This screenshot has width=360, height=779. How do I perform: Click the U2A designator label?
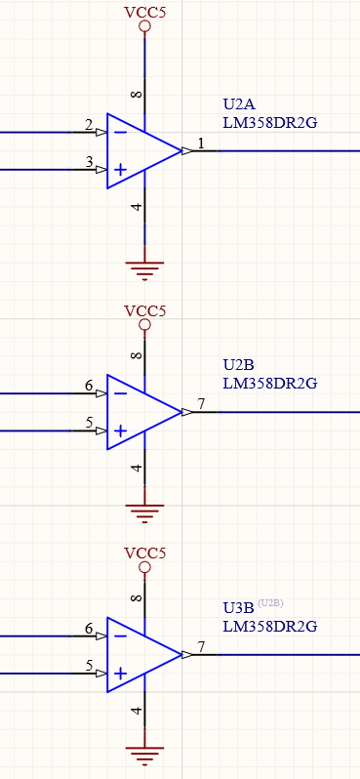tap(239, 104)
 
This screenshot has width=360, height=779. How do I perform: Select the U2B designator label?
tap(239, 365)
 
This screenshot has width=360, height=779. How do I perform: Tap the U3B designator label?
tap(239, 607)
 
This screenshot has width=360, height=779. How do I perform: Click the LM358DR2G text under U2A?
tap(270, 122)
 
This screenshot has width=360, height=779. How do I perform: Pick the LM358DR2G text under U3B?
tap(270, 625)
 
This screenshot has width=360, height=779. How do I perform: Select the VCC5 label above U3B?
tap(145, 553)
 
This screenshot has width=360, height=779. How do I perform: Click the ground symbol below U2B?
tap(145, 511)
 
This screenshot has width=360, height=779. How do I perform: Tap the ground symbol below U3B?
tap(145, 753)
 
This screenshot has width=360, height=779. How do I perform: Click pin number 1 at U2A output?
tap(201, 143)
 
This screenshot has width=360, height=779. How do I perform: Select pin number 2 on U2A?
tap(89, 125)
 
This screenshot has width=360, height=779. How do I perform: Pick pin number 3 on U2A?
tap(89, 162)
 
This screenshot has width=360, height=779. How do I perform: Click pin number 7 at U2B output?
tap(201, 404)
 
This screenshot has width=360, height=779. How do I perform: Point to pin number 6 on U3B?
tap(89, 628)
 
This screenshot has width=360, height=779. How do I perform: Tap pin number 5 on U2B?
tap(89, 423)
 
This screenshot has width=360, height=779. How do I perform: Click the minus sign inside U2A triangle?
tap(120, 132)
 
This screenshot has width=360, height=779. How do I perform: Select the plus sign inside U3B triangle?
tap(120, 673)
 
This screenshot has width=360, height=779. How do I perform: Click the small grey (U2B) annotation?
tap(270, 602)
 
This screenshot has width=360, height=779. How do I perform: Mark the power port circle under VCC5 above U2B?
tap(145, 325)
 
